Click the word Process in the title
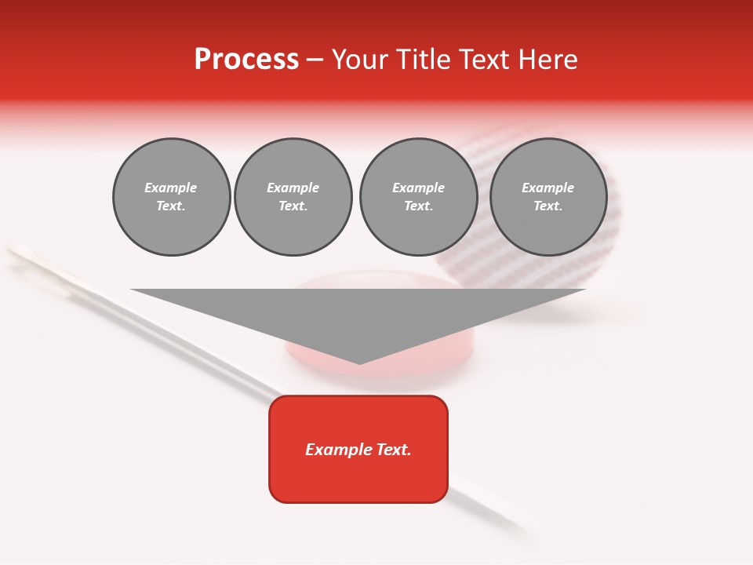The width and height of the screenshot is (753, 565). tap(246, 60)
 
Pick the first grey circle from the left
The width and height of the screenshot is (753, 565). tap(171, 197)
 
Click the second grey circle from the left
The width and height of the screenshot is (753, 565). tap(293, 197)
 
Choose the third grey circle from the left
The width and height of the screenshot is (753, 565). tap(418, 197)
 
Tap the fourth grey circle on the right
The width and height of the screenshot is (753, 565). tap(548, 197)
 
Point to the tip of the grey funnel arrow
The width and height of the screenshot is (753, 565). tap(359, 363)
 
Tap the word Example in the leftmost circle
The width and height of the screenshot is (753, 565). tap(171, 188)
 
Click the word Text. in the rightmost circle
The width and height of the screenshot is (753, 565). tap(548, 206)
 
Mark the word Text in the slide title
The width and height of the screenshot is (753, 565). tap(482, 60)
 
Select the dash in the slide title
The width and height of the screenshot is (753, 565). tap(315, 60)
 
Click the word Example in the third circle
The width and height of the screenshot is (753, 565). tap(418, 188)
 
